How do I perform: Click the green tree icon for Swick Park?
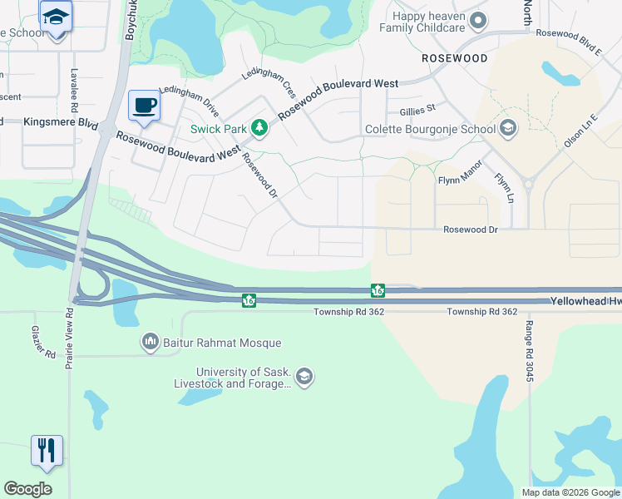(x=260, y=127)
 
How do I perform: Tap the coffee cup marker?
(x=145, y=106)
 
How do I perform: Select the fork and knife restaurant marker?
(x=47, y=451)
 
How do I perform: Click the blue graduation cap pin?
(x=56, y=17)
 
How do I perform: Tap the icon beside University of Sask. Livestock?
(x=304, y=378)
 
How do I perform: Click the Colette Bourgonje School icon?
(x=508, y=129)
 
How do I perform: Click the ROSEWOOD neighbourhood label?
(x=454, y=58)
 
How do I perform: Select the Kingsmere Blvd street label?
(x=61, y=121)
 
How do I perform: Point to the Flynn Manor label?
(x=460, y=179)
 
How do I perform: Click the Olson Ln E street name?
(x=580, y=131)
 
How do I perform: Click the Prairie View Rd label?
(x=69, y=338)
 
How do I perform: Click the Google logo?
(x=27, y=489)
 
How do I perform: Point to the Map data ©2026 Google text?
(x=570, y=492)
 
